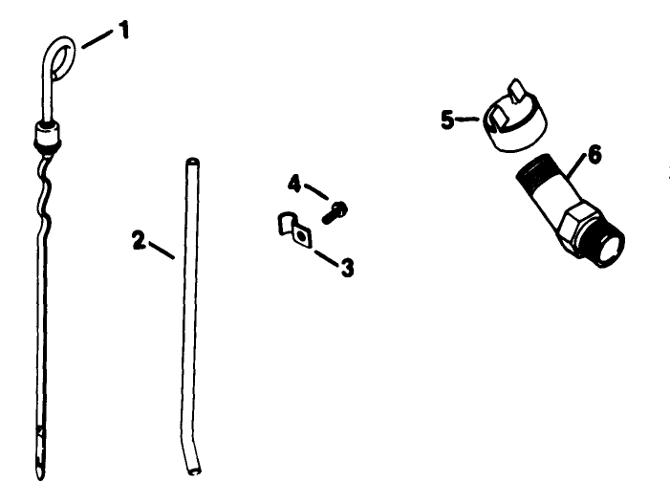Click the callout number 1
pos(123,31)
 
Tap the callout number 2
pos(139,240)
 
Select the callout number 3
pos(347,268)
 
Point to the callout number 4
pos(294,184)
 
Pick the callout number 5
pos(447,120)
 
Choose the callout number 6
pos(594,154)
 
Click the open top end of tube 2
pos(193,162)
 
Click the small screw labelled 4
pos(335,212)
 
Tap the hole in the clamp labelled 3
pos(302,236)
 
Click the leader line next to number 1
pos(97,39)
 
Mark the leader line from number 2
pos(162,250)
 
